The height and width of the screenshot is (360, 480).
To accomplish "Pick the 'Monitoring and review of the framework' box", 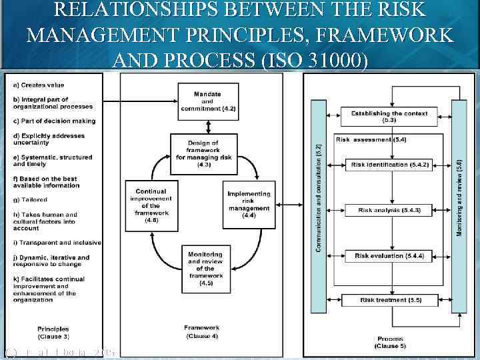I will (206, 267).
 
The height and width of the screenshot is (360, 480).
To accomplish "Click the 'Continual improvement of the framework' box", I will (151, 204).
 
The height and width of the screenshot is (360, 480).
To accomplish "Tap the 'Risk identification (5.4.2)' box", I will (389, 164).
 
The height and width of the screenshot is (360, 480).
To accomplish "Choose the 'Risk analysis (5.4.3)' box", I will (389, 210).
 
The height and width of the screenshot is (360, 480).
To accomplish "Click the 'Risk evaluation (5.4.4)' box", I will (389, 256).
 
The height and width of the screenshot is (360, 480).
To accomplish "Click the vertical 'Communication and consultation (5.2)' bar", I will (319, 200).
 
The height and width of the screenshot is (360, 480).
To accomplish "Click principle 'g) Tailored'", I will (31, 199).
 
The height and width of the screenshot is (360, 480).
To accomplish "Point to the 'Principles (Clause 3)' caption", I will (53, 333).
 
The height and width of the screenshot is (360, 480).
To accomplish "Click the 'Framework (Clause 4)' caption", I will (201, 331).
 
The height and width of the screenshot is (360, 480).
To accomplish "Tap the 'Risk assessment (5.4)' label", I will (362, 140).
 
